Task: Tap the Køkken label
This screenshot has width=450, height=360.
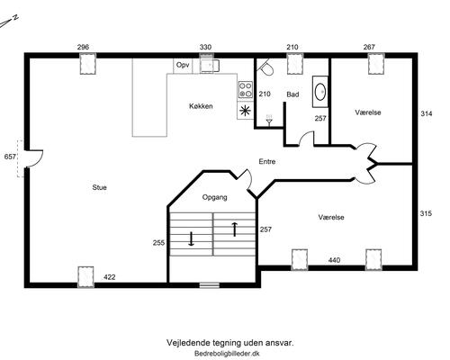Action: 201,107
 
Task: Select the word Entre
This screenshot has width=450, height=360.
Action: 267,162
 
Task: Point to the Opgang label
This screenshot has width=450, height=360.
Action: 214,196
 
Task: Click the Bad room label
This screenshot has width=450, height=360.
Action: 292,94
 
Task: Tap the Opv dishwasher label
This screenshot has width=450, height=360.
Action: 183,65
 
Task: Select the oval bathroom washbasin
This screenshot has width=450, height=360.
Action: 320,91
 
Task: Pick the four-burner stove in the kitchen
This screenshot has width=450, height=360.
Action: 245,88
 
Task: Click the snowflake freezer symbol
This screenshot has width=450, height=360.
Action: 245,112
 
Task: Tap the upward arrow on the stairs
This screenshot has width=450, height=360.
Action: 235,229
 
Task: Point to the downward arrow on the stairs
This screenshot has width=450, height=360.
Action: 191,239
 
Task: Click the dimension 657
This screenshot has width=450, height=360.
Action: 11,157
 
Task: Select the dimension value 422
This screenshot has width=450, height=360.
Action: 109,277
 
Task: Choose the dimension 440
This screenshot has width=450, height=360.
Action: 334,260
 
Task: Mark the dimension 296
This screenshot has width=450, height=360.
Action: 84,47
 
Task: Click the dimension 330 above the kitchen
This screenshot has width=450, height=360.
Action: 205,47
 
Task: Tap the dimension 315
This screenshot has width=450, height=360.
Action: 427,213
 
